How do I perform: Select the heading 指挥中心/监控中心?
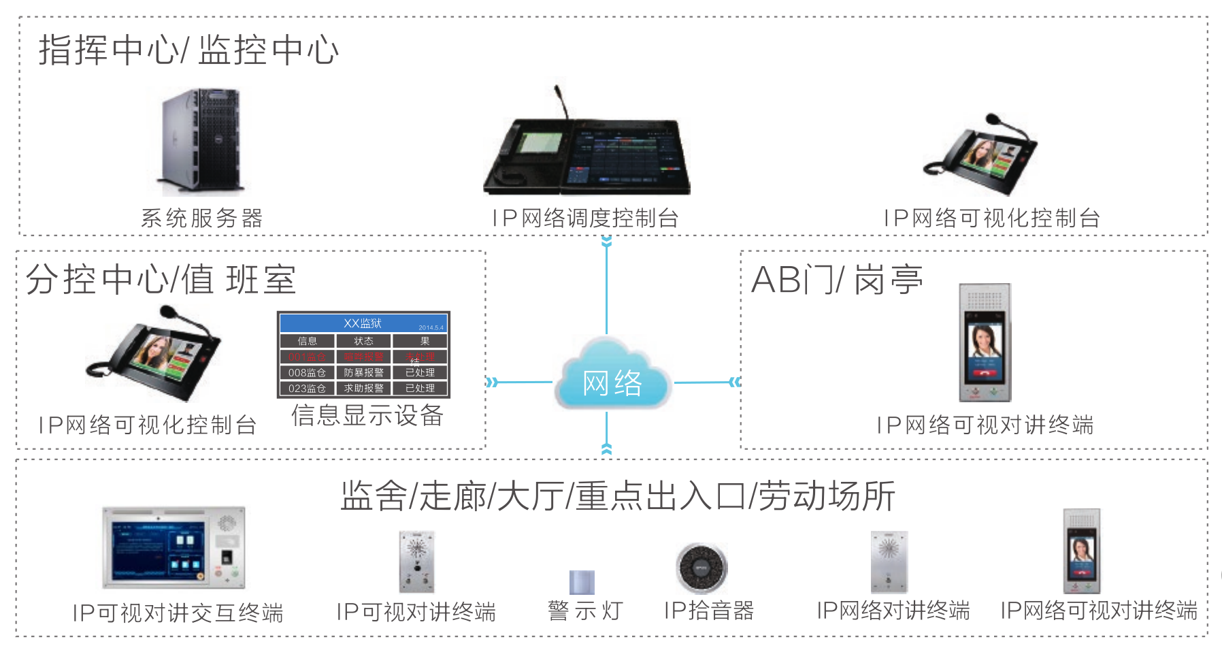pos(188,50)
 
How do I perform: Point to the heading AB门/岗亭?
pos(837,280)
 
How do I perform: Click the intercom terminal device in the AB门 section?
pos(985,342)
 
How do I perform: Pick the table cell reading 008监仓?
pos(307,373)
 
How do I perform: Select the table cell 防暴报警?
pos(363,373)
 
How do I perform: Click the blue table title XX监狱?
pos(363,323)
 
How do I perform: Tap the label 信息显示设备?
pos(367,415)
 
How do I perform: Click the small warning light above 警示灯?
pos(582,583)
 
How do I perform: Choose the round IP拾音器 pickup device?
pos(701,568)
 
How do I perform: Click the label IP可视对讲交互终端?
pos(178,613)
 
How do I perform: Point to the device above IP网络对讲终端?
pos(889,562)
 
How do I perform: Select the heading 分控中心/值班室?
pos(161,280)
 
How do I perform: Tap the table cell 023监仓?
pos(307,389)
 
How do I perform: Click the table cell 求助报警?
pos(363,389)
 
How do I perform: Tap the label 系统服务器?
pos(201,218)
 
